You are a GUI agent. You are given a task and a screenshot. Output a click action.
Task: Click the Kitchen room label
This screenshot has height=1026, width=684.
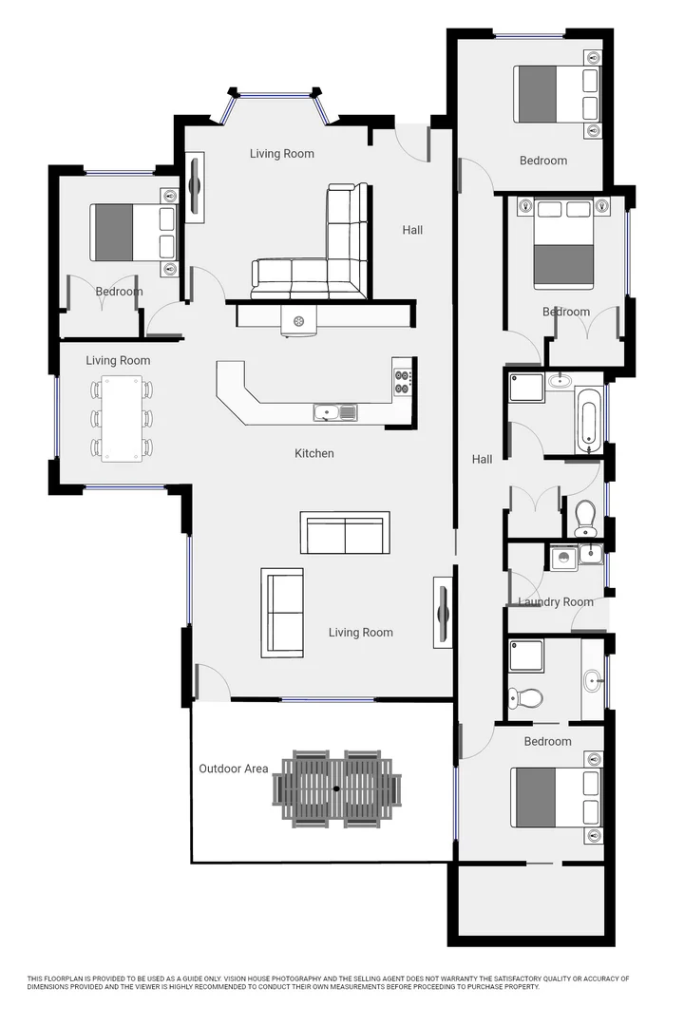[313, 453]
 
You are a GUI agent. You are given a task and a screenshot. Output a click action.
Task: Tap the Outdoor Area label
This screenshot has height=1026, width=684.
[233, 769]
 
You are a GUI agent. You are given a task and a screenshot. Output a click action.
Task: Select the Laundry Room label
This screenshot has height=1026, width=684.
[556, 601]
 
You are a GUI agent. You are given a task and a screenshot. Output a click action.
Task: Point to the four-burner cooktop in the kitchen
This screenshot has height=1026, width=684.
[403, 380]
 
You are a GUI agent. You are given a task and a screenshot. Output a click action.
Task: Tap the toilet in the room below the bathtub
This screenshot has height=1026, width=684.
[585, 516]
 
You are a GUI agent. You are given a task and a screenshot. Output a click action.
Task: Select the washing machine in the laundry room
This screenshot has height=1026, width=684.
[563, 557]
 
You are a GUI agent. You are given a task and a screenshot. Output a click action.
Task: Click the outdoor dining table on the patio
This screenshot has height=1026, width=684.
[337, 788]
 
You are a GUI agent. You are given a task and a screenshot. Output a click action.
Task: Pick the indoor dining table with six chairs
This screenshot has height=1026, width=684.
[122, 418]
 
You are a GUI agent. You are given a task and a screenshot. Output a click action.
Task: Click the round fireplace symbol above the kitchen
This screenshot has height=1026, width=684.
[298, 322]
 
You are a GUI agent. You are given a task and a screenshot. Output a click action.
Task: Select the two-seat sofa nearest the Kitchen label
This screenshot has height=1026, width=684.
[344, 533]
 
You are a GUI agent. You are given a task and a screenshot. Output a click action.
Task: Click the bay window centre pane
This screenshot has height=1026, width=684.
[273, 94]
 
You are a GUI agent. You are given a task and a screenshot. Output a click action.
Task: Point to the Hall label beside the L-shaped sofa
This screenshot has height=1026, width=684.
[412, 230]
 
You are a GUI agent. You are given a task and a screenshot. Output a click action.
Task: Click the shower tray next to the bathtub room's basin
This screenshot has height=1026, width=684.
[525, 387]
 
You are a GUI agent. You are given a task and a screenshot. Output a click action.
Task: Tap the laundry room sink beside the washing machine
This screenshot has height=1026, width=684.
[591, 553]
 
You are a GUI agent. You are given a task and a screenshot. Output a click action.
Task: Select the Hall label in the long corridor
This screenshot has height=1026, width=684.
[483, 460]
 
